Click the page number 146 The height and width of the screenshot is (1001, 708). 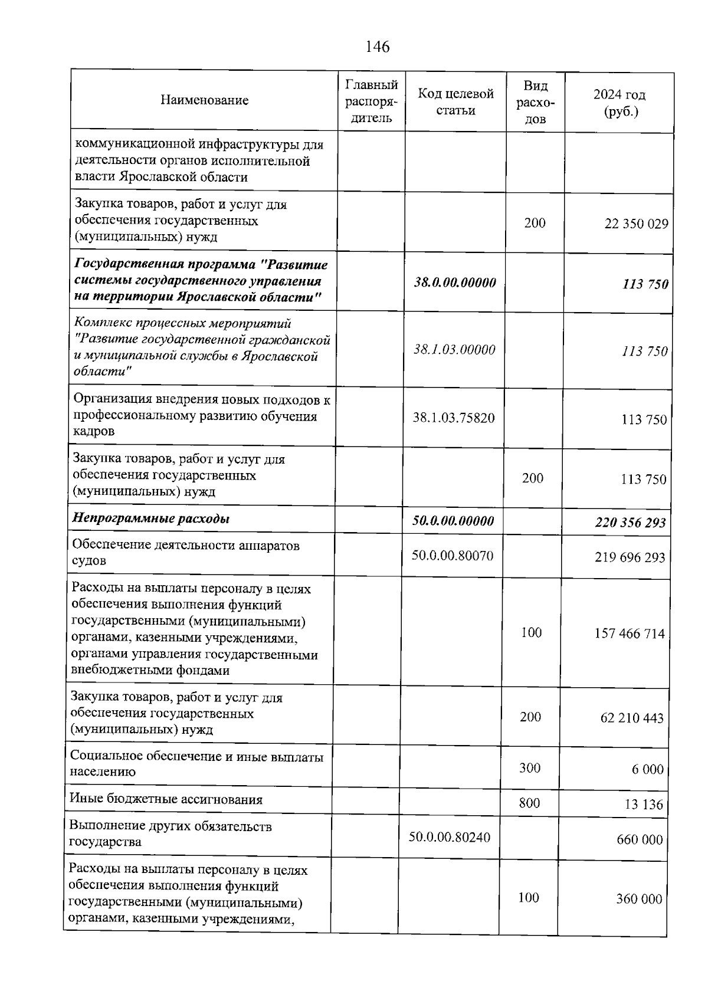point(378,47)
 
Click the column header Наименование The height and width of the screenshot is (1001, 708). point(204,100)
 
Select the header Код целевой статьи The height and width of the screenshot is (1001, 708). point(455,101)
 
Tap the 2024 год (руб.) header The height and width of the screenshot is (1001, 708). point(619,103)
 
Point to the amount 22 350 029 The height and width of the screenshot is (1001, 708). point(636,224)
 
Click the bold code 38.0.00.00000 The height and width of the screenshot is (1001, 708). point(454,283)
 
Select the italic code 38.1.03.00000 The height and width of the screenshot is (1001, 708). point(454,350)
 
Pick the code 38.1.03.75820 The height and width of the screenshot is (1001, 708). point(453,418)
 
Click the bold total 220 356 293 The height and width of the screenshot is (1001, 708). point(630,523)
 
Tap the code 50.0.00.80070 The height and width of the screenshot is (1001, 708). point(452,556)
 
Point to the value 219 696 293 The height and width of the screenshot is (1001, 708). point(630,557)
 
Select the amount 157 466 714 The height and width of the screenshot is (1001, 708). point(629,634)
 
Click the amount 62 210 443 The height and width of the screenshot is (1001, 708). point(631,718)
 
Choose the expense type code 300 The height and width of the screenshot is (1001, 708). point(529,768)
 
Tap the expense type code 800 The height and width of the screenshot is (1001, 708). point(529,803)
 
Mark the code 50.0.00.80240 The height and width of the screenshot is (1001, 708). point(449,838)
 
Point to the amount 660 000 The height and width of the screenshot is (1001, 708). point(640,840)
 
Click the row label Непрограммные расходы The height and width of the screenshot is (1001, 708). point(150,519)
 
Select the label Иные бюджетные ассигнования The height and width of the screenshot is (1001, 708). point(166,800)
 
